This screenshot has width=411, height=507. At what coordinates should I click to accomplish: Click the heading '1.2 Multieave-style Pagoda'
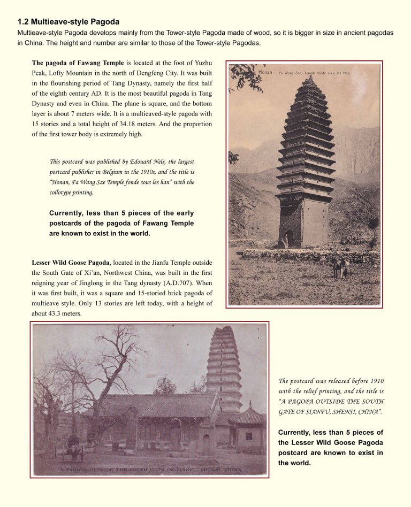(68, 22)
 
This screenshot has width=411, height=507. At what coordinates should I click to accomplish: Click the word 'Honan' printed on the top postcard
(266, 72)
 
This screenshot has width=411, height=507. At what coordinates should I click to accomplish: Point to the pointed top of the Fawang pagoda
(309, 78)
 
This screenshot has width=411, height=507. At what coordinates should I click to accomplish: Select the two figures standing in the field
(340, 267)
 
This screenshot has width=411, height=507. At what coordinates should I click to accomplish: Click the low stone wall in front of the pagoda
(310, 256)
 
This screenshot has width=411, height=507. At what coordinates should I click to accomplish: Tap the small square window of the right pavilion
(249, 436)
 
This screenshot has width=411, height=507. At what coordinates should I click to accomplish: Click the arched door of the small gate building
(207, 444)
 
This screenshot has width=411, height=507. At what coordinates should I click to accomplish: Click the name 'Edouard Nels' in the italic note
(147, 162)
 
